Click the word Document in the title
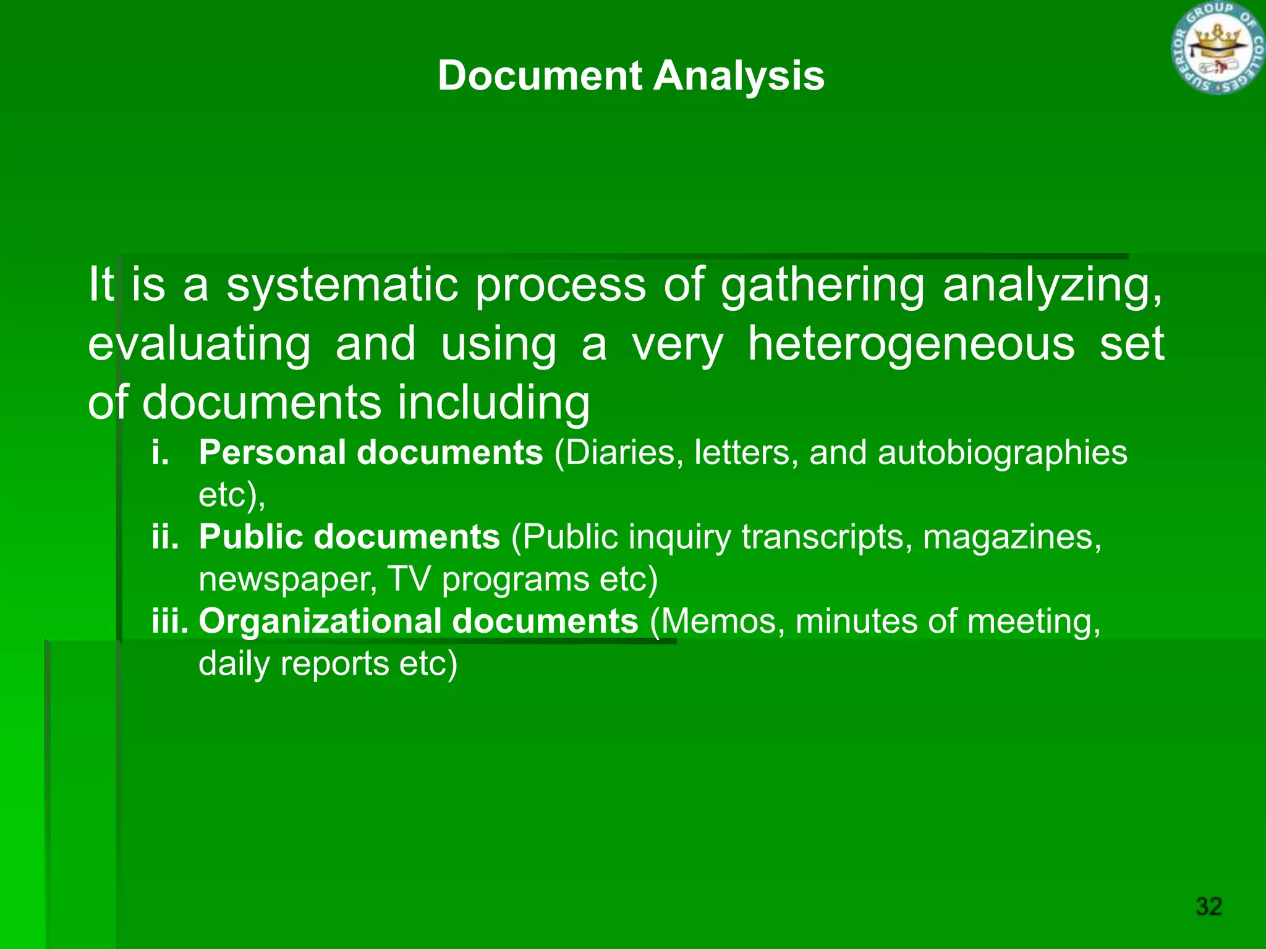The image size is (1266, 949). (540, 76)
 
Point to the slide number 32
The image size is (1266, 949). (1209, 906)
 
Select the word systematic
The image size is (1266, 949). (342, 285)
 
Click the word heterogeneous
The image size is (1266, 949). (911, 344)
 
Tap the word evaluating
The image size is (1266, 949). (199, 345)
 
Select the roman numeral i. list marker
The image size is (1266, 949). (160, 452)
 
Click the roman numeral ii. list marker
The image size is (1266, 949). (165, 536)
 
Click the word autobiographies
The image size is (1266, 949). (1002, 453)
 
